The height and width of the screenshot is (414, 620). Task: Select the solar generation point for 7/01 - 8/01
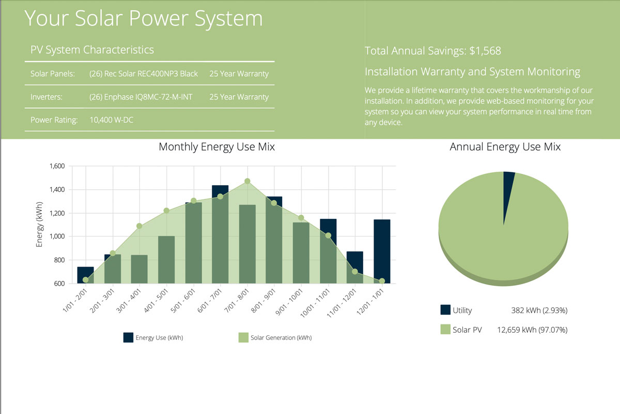tap(247, 181)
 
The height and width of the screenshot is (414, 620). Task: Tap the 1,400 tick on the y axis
tap(56, 190)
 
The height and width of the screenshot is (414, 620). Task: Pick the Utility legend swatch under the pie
tap(445, 310)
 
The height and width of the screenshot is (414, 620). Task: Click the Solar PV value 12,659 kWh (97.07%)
tap(532, 329)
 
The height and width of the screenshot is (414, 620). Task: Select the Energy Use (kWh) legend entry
tap(153, 338)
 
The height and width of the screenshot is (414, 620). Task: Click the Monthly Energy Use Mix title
tap(216, 147)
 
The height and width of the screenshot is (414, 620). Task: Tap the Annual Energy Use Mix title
tap(505, 147)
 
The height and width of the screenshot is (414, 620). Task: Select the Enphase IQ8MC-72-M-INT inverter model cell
tap(141, 97)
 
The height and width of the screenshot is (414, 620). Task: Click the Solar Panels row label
tap(53, 73)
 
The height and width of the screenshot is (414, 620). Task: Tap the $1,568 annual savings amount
tap(485, 51)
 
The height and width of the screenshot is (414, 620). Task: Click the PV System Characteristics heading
tap(92, 50)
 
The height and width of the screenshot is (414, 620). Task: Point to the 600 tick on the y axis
tap(58, 284)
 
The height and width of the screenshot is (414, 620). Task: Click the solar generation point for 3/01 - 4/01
tap(139, 226)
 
